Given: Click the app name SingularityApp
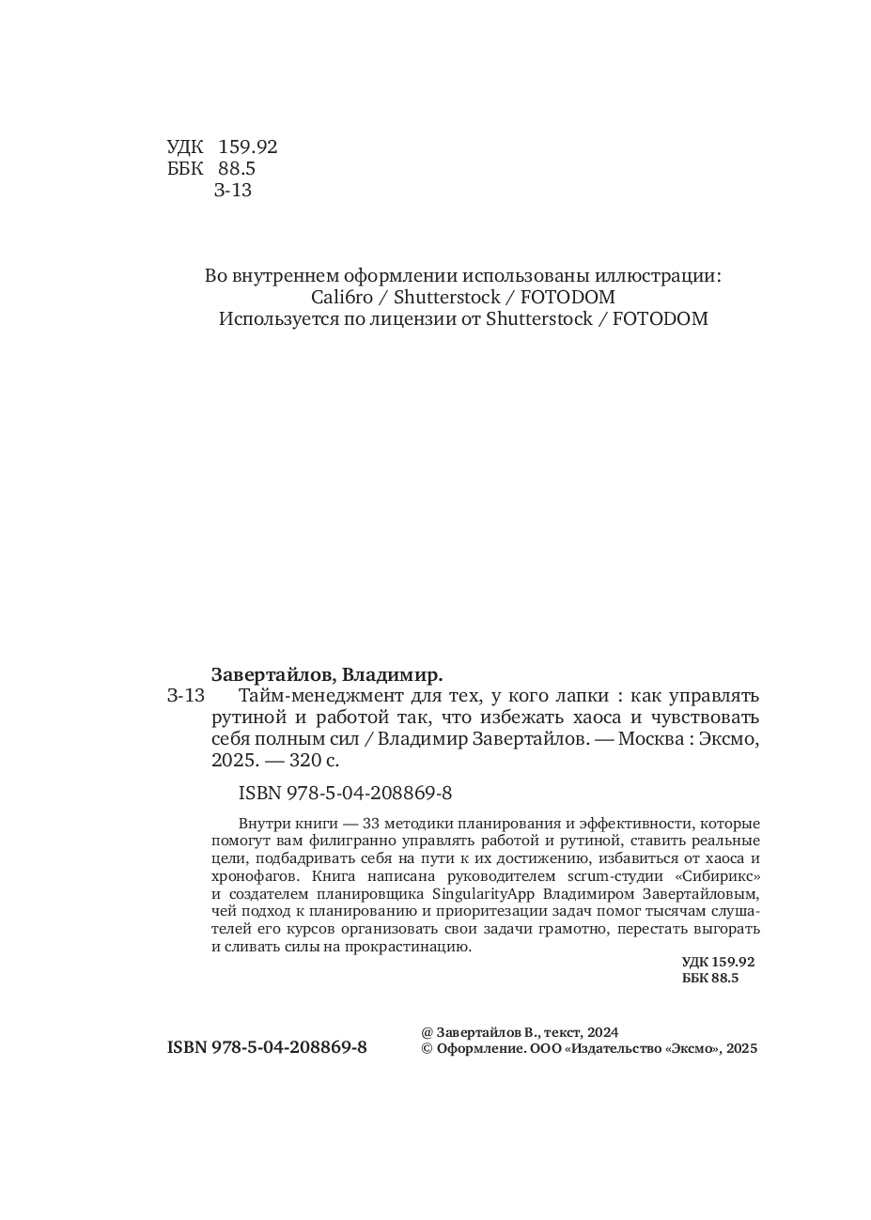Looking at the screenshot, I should pyautogui.click(x=477, y=893).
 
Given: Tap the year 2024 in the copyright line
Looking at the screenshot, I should pyautogui.click(x=602, y=1031).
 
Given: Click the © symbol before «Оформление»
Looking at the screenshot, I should pyautogui.click(x=428, y=1049).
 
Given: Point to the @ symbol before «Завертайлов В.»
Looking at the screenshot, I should pyautogui.click(x=428, y=1031).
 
